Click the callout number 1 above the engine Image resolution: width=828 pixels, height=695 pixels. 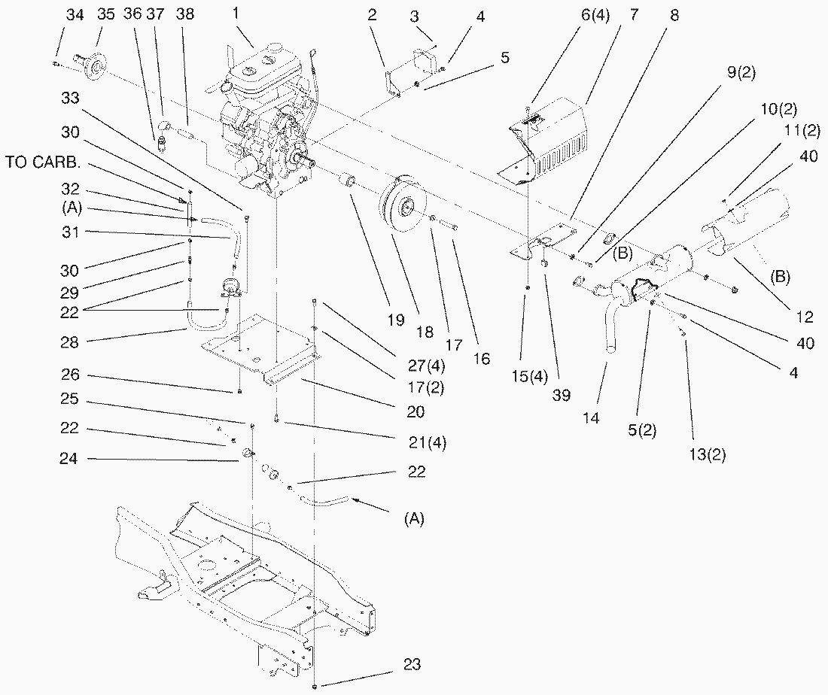pos(236,13)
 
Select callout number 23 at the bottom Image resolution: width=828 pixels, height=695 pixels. pos(411,664)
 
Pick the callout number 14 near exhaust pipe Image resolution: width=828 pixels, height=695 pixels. pos(591,417)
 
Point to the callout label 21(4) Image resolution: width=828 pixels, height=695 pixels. pos(427,442)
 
